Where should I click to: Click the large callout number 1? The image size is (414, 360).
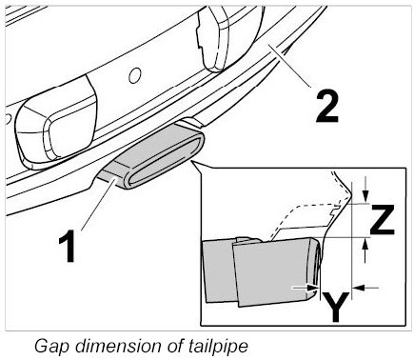tap(68, 246)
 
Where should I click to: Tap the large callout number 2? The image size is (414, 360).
tap(327, 107)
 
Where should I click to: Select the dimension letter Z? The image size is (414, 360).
tap(382, 219)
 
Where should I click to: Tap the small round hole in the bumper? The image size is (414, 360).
tap(134, 75)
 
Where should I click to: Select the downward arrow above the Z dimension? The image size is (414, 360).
tap(365, 190)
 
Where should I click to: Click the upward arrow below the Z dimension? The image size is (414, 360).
tap(365, 250)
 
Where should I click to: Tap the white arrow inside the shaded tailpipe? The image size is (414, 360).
tap(306, 288)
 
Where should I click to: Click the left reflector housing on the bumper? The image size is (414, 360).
tap(56, 121)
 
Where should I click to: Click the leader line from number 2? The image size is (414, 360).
tap(289, 66)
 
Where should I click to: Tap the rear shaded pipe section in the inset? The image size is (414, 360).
tap(219, 270)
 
